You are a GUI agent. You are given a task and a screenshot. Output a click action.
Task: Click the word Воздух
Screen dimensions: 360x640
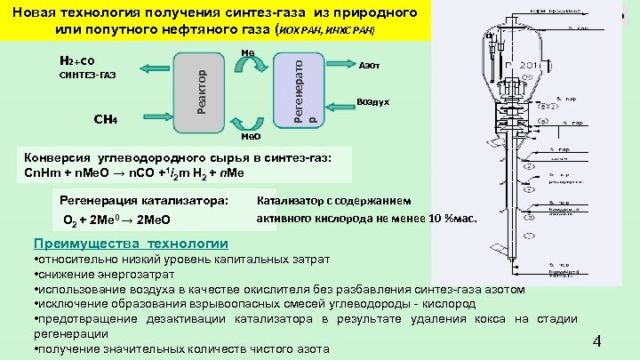click(x=372, y=102)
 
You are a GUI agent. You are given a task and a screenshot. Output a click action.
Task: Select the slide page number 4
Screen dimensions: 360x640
click(x=597, y=341)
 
